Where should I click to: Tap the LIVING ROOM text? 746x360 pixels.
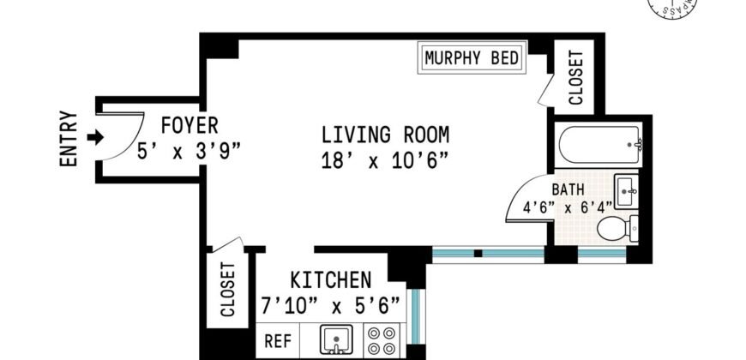[385, 135]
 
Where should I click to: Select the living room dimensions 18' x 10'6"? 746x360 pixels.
[385, 160]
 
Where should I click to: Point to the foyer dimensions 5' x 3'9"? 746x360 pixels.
[189, 149]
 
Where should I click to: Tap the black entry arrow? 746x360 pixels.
[95, 137]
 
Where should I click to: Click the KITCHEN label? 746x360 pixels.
[330, 280]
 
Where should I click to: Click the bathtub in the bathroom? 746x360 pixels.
[598, 147]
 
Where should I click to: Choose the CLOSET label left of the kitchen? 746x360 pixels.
[229, 289]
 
